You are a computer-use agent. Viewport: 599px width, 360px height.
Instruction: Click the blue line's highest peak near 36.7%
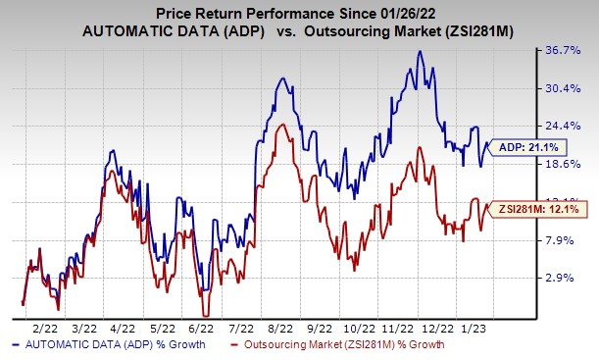(420, 52)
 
